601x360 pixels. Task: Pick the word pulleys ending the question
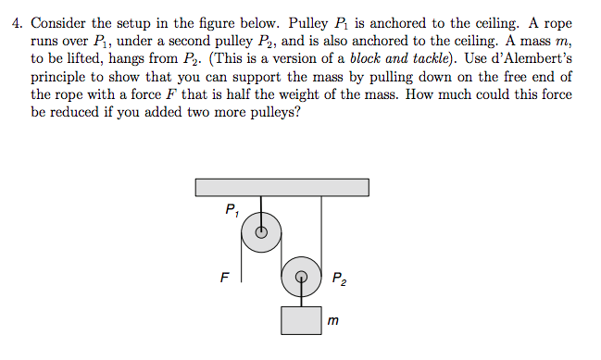(x=272, y=115)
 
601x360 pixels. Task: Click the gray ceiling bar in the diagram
(x=282, y=187)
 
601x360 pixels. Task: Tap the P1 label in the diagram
(x=232, y=210)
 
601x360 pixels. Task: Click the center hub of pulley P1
(x=262, y=233)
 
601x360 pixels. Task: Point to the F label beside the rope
(x=223, y=275)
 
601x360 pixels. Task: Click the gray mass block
(x=301, y=320)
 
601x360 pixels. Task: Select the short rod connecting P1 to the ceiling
(x=262, y=208)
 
